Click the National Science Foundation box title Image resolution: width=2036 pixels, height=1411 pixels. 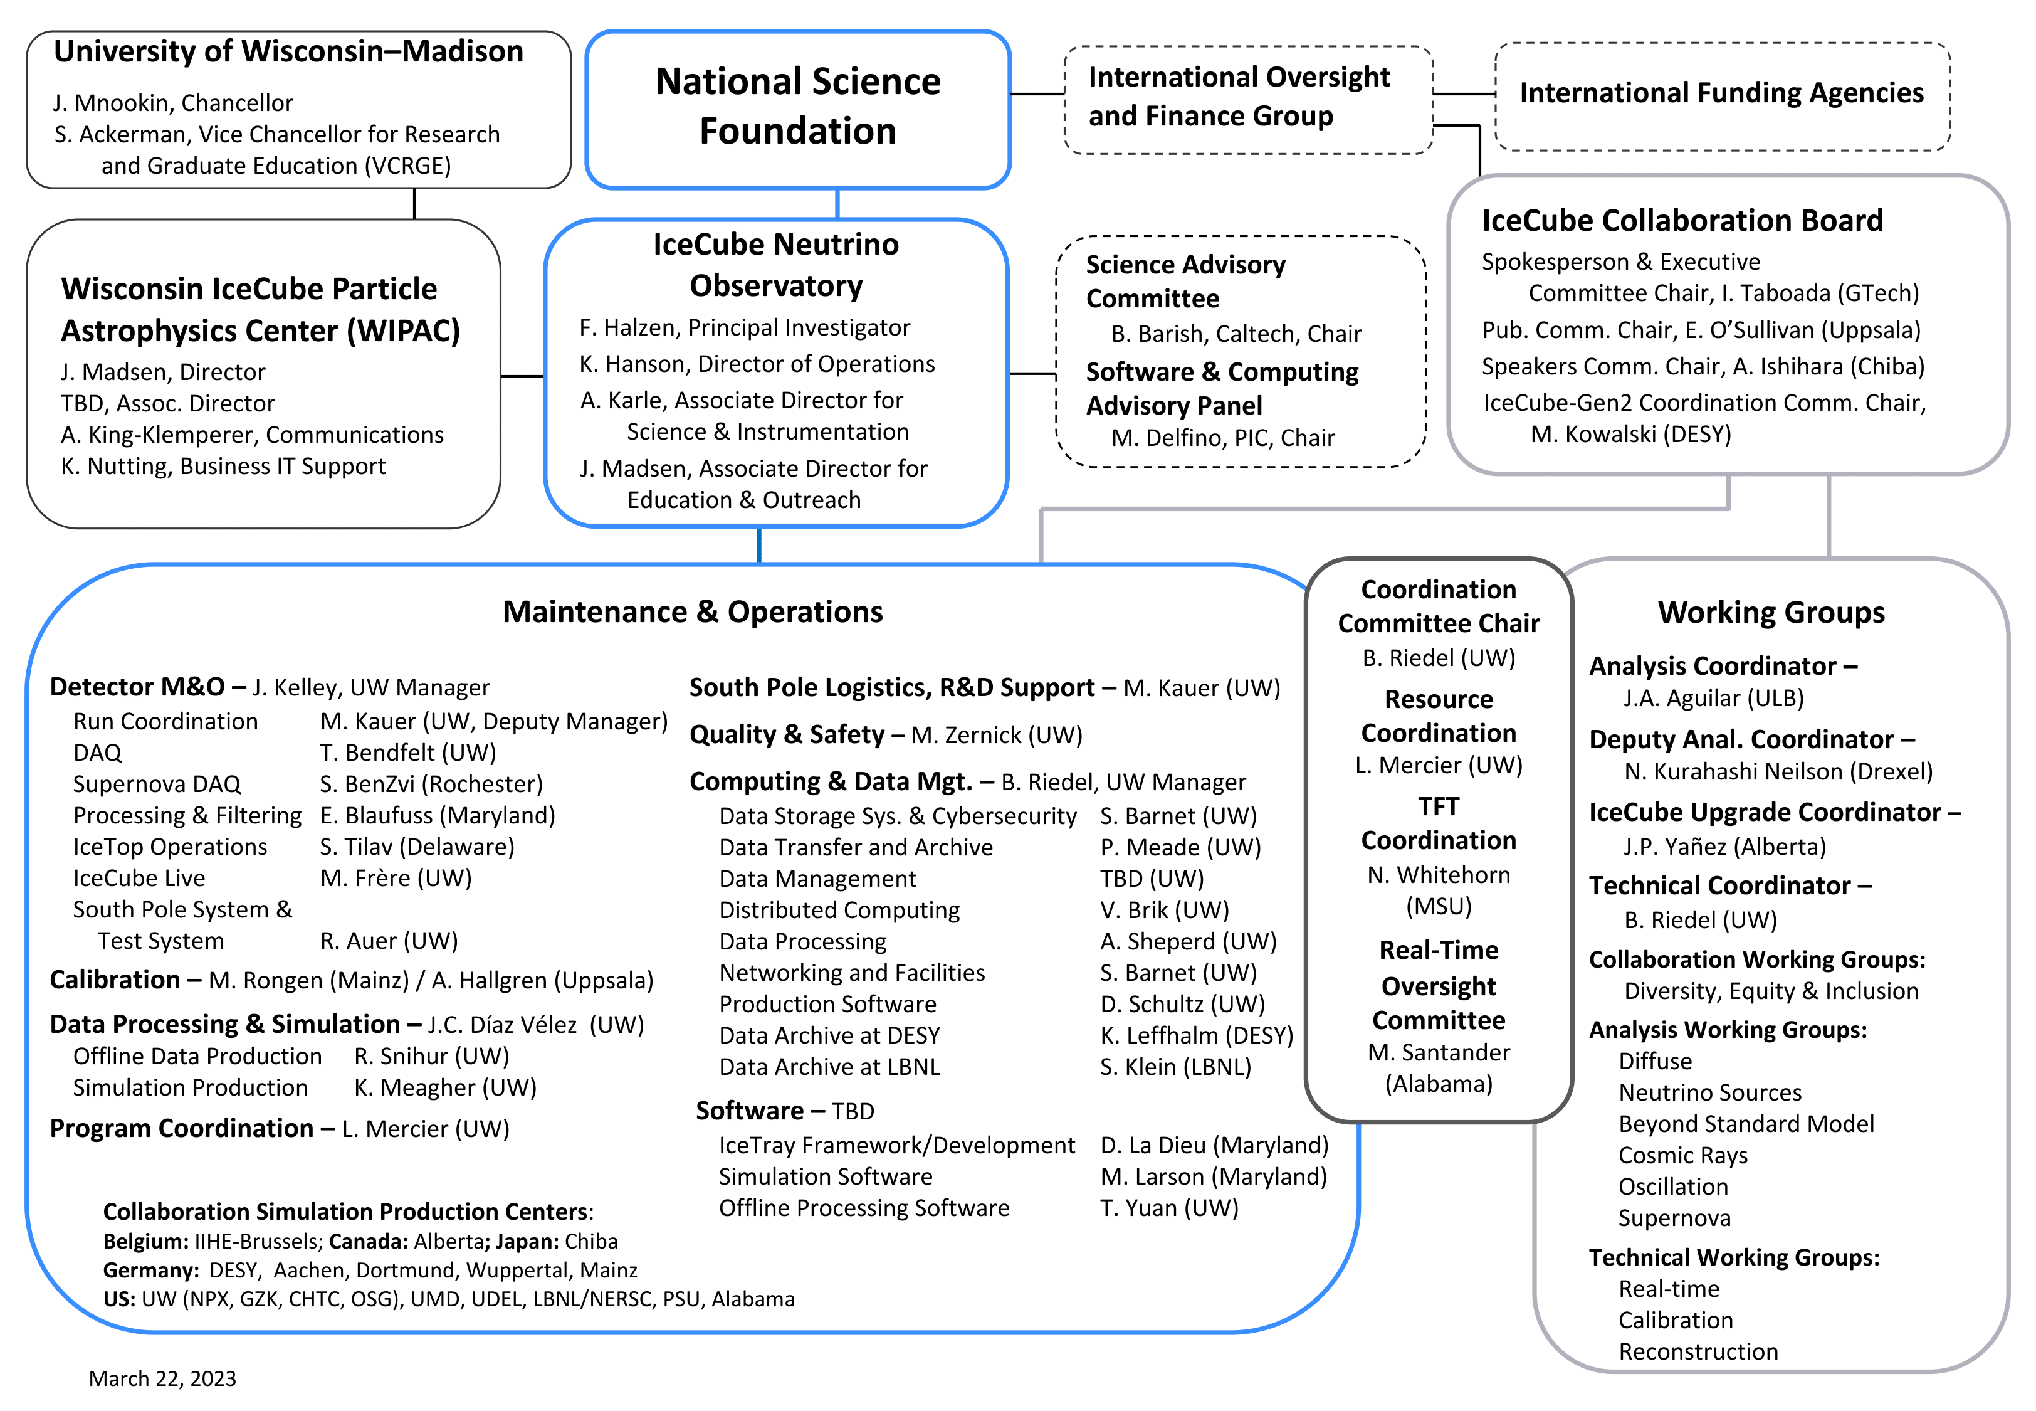(797, 106)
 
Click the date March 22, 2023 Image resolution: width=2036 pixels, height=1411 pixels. (162, 1378)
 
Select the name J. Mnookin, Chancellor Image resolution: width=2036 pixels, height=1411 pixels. (173, 103)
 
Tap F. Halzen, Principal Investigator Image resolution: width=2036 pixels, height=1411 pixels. (744, 328)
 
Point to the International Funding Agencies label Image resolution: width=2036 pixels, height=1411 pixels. (1721, 93)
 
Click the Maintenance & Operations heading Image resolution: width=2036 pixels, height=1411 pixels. (693, 612)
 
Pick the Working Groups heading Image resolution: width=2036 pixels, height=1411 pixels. (1771, 613)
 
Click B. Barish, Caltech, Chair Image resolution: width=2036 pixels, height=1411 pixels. (1236, 334)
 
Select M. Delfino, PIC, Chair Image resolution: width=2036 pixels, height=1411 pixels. (1223, 438)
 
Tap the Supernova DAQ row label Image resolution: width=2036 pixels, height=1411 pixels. (157, 784)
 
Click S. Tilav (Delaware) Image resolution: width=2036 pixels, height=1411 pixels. (417, 847)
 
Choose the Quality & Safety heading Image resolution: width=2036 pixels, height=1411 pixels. (787, 735)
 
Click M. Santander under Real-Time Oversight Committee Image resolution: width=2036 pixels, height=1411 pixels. (1439, 1053)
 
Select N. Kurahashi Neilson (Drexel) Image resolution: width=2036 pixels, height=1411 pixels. (1778, 772)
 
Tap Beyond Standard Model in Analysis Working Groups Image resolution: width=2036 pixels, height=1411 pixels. (1746, 1124)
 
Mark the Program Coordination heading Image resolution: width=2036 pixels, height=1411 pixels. (182, 1129)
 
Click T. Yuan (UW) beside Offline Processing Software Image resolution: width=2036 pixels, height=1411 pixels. (1169, 1208)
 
